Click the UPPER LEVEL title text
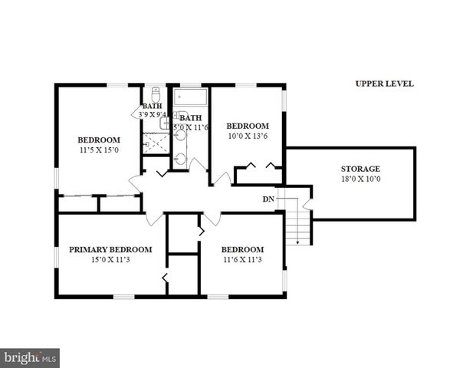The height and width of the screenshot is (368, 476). (384, 84)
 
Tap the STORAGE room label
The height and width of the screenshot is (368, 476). (360, 169)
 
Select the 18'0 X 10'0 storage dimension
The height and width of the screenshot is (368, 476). (360, 179)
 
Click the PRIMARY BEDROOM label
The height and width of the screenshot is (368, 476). (110, 249)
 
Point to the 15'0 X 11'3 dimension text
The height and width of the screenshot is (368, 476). (110, 259)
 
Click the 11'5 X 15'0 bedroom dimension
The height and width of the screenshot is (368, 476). (99, 150)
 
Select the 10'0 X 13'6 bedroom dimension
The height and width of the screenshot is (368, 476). (247, 136)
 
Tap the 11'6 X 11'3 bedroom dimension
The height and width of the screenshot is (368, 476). (242, 259)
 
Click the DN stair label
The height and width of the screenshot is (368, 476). (268, 199)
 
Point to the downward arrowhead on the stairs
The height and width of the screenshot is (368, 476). (299, 242)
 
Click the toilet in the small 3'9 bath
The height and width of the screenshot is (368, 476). (156, 96)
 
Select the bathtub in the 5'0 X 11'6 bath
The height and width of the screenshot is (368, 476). (189, 98)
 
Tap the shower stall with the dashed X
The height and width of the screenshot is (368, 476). (156, 143)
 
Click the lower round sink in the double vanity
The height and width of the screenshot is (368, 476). (179, 159)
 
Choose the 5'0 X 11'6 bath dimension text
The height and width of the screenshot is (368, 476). (190, 127)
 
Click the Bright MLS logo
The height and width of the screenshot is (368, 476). (31, 357)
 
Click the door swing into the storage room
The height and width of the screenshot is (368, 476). (307, 204)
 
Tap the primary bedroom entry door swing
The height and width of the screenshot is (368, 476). (155, 219)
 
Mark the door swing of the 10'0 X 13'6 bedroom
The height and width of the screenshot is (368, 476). (222, 179)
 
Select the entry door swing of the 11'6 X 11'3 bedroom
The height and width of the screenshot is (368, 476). (212, 219)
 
